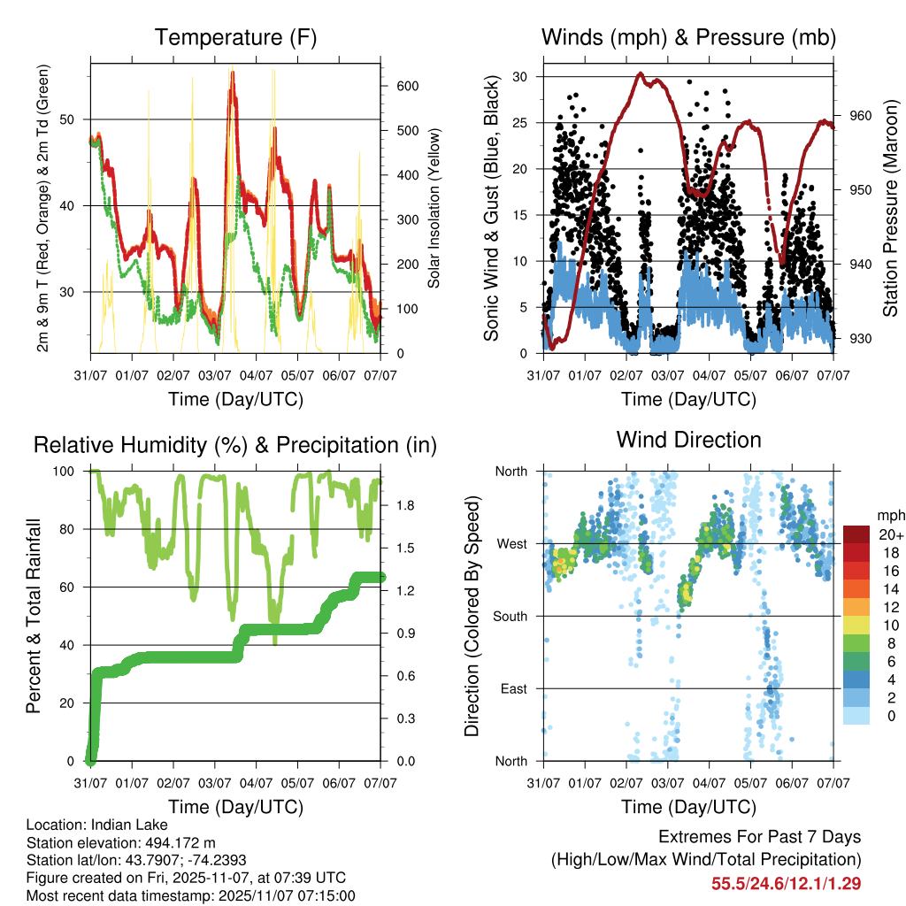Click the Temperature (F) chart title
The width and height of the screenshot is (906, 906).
click(x=235, y=38)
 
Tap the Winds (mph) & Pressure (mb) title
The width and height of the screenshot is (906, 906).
click(x=688, y=38)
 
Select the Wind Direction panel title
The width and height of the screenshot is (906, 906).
click(x=688, y=440)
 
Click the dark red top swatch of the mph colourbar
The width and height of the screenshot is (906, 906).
click(x=856, y=534)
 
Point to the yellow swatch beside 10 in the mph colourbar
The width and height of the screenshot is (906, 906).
click(x=856, y=625)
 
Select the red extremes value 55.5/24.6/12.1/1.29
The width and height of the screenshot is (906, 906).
click(x=786, y=883)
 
